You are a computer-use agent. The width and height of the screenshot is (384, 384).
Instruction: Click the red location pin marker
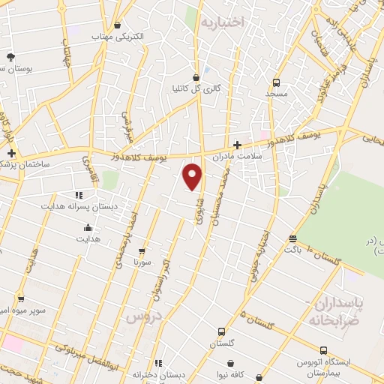point(193,176)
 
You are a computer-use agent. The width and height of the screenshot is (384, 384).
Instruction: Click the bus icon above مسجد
point(276,83)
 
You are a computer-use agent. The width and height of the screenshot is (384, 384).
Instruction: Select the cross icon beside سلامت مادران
point(237,145)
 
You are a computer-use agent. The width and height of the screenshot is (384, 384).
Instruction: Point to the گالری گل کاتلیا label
point(197,88)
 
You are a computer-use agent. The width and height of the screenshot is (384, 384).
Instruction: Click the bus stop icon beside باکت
point(292,239)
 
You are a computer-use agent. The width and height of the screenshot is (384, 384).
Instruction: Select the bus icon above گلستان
point(221,331)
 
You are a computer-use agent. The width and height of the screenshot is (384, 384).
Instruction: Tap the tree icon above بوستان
point(10,57)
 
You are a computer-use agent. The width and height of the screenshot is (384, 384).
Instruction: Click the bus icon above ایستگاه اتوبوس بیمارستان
point(323,350)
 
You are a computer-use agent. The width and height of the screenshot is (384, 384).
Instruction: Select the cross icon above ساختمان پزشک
point(10,152)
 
